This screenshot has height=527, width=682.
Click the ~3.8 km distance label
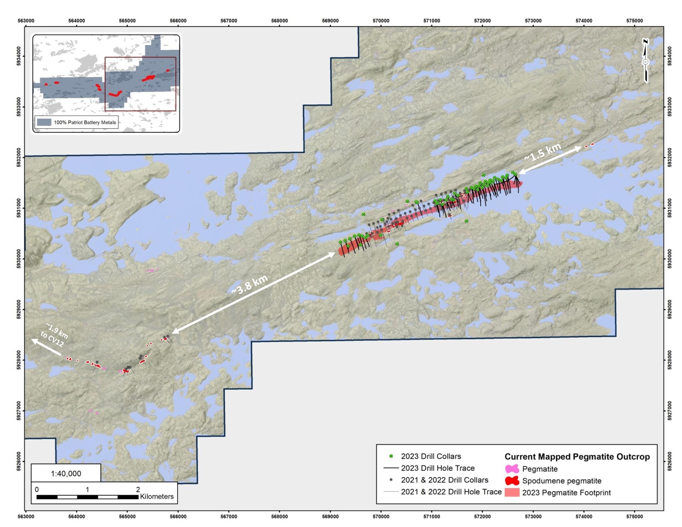click(x=250, y=284)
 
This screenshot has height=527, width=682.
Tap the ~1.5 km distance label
click(x=543, y=153)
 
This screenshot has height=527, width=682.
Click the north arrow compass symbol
click(x=645, y=61)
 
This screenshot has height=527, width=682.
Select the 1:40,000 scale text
click(x=66, y=473)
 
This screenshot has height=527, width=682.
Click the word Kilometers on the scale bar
click(x=157, y=496)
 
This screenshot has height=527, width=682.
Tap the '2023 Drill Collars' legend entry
click(x=431, y=456)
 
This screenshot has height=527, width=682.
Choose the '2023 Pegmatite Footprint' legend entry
click(x=566, y=493)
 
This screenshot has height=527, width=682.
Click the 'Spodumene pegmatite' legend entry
click(x=561, y=481)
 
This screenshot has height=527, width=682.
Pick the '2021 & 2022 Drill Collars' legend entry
click(x=444, y=480)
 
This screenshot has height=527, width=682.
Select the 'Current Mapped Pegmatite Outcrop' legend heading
click(x=577, y=457)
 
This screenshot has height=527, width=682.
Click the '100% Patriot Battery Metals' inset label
click(x=85, y=122)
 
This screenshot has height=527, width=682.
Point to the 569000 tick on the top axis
click(x=330, y=21)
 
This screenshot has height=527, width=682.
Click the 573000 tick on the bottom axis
click(x=533, y=517)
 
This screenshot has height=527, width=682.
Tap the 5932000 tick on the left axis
click(x=19, y=157)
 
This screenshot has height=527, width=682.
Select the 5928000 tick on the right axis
click(x=669, y=360)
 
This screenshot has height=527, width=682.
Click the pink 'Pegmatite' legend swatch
click(x=512, y=469)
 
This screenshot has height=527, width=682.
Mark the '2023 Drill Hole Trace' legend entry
click(x=438, y=468)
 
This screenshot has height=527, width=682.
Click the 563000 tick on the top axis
click(x=26, y=21)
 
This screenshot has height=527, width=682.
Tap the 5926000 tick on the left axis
click(x=19, y=461)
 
